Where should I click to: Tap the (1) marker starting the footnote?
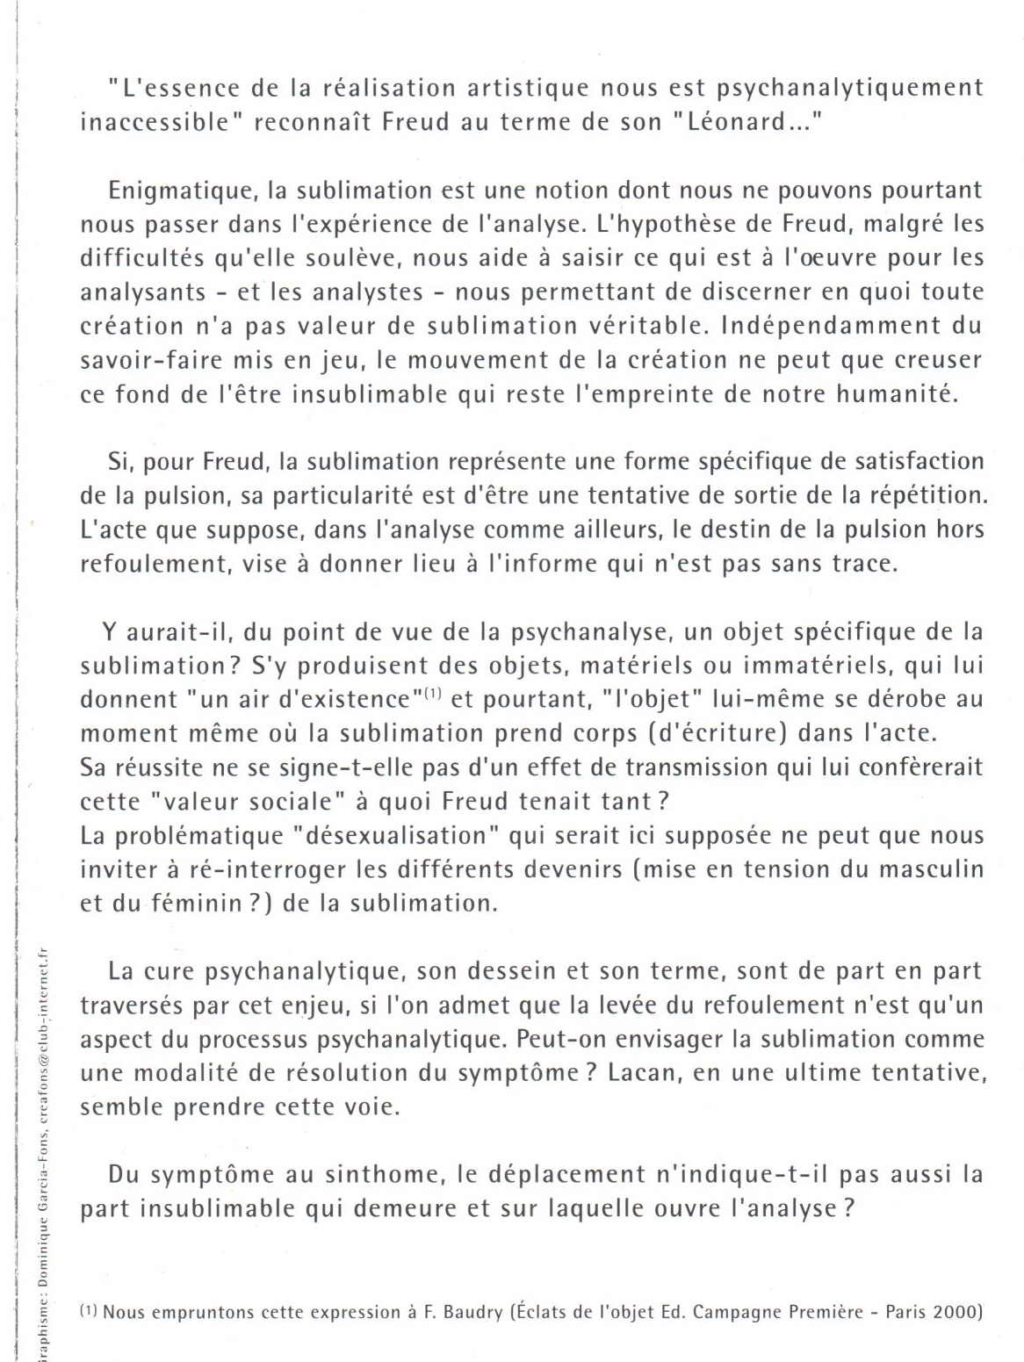[x=89, y=1312]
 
